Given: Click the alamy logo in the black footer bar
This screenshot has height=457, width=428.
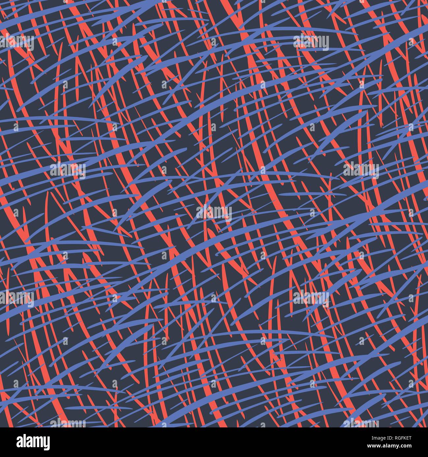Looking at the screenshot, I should click(33, 442).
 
